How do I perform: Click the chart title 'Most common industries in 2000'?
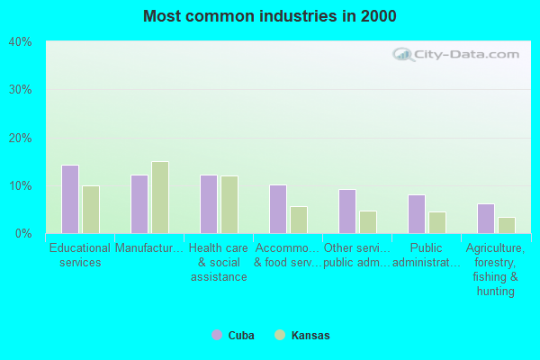269,16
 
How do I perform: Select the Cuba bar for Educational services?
70,199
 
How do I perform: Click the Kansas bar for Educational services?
91,210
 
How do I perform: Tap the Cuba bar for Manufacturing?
139,204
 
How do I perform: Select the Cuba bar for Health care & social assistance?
209,204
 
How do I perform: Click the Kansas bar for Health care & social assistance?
229,204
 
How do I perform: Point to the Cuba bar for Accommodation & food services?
278,209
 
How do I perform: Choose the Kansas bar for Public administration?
437,222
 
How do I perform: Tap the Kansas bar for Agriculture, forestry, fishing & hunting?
507,225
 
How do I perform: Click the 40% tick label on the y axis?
21,42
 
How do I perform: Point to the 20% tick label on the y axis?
21,138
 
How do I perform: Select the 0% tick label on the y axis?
23,234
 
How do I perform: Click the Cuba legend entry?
233,336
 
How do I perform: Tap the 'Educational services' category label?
80,255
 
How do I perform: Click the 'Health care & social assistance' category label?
219,262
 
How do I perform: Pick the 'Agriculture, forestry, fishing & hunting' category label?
496,269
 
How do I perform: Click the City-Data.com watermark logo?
458,54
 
